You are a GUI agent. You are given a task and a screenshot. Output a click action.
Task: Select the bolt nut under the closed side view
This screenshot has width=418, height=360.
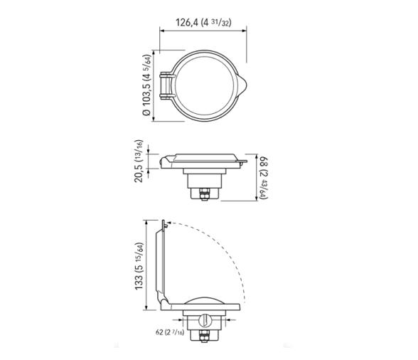203,192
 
